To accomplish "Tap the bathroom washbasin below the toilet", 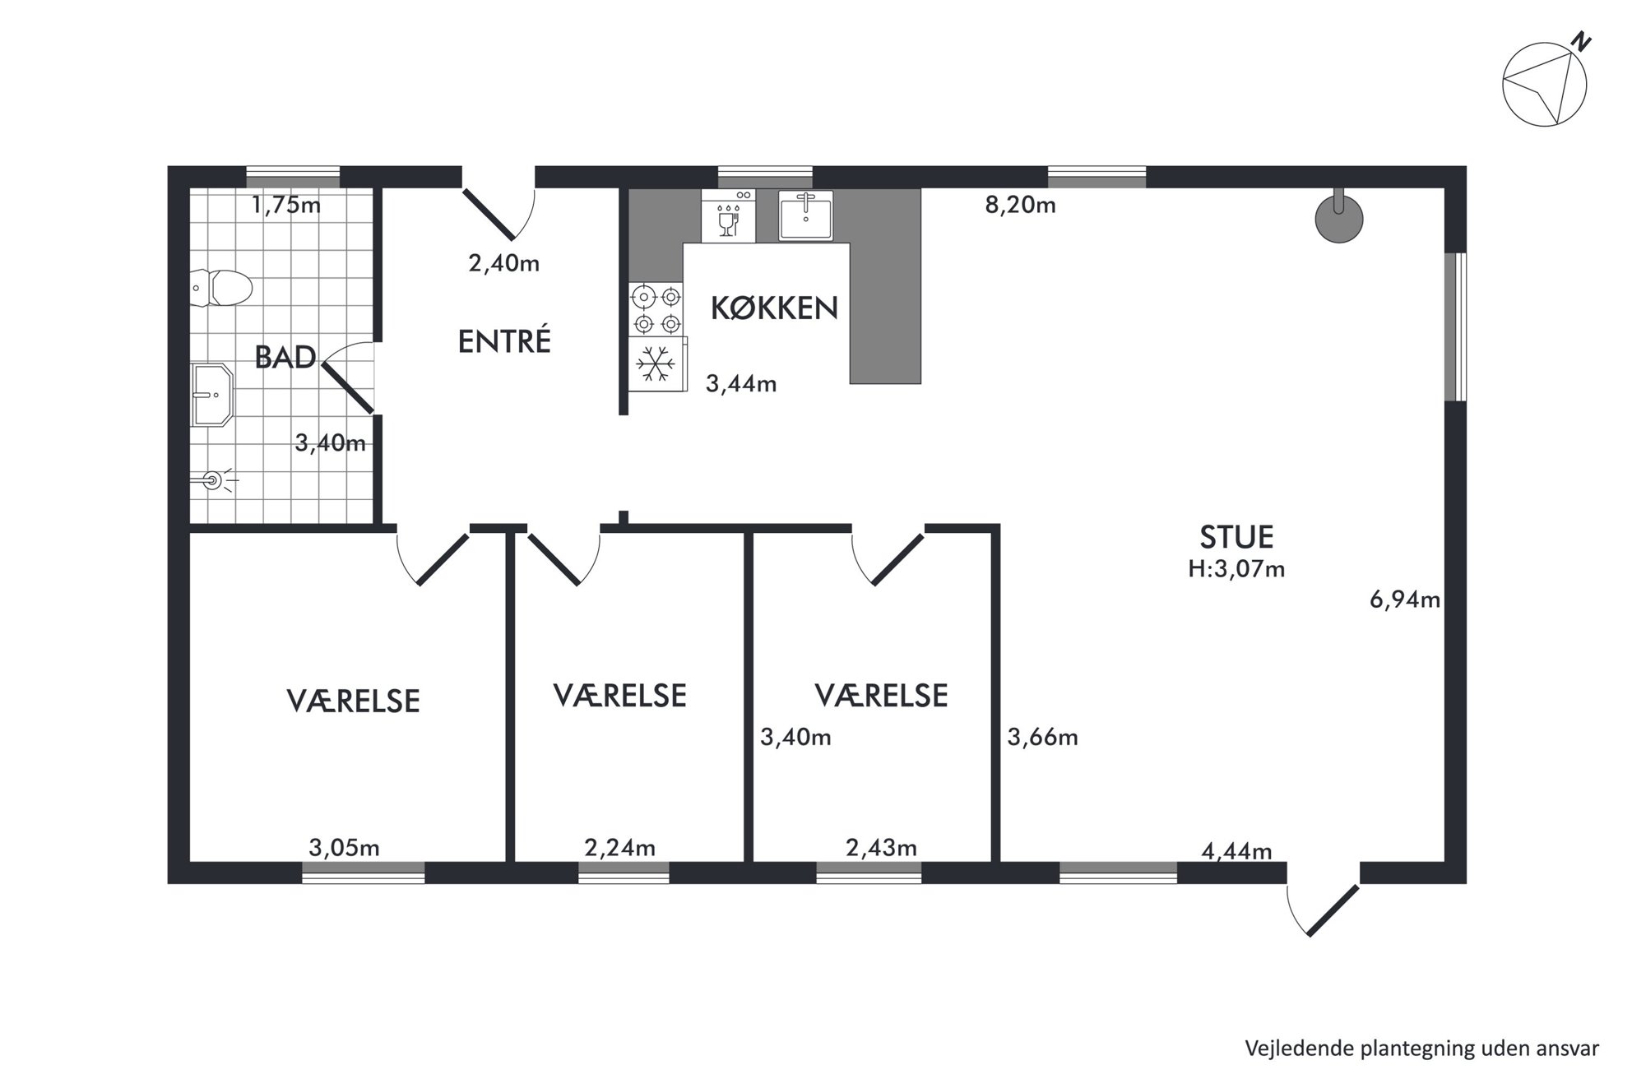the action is tap(212, 395).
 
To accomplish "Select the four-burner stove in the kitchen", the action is tap(656, 308).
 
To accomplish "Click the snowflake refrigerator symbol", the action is tap(656, 363).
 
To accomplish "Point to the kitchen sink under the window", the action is tap(805, 215).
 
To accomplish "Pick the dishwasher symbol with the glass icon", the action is tap(728, 215).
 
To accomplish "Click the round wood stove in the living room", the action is tap(1339, 218).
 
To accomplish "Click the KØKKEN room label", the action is tap(774, 308).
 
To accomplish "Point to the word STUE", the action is tap(1236, 537).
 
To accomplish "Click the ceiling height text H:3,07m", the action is tap(1236, 569).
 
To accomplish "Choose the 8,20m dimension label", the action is tap(1020, 205).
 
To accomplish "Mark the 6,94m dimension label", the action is tap(1405, 600).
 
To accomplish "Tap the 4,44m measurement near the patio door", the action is tap(1237, 851).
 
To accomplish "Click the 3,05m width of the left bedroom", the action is tap(344, 847).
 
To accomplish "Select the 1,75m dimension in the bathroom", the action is tap(286, 205).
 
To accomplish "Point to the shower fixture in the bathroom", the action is tap(215, 480).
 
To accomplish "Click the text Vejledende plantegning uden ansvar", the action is tap(1422, 1049).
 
